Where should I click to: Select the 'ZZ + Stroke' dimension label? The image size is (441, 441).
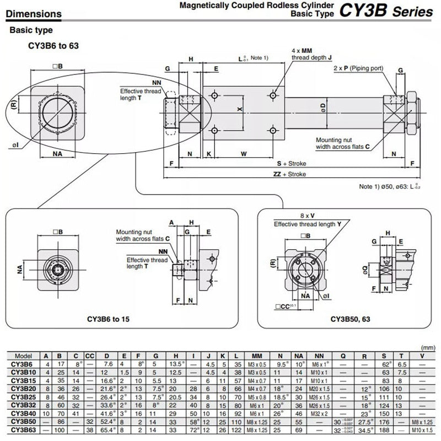(289, 174)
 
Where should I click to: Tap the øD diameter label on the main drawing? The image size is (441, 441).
(324, 106)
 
